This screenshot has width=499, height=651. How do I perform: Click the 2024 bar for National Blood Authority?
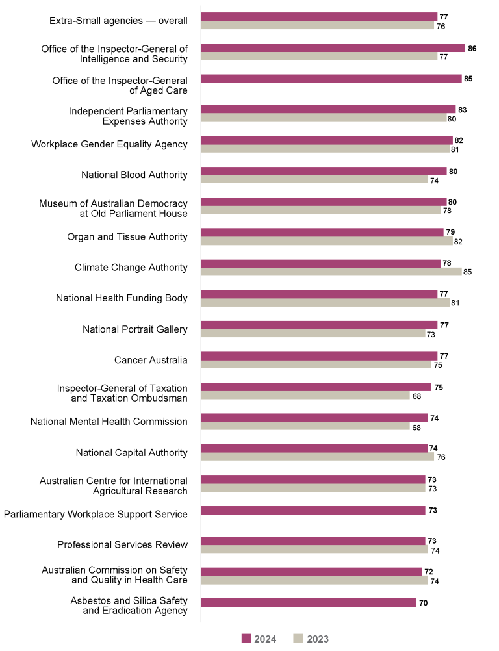[324, 172]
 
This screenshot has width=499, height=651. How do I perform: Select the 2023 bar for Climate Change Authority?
[331, 272]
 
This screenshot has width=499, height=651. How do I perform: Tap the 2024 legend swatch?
[246, 639]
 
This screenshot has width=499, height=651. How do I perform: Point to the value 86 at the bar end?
[472, 48]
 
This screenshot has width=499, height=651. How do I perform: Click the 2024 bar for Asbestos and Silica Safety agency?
[308, 603]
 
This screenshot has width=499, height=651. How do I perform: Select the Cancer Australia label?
[151, 360]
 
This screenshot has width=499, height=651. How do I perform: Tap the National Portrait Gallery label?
[135, 329]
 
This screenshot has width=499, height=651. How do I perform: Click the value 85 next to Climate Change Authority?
[467, 272]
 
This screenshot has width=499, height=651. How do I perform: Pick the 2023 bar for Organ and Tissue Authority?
[326, 241]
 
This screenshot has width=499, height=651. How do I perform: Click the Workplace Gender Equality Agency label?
[109, 144]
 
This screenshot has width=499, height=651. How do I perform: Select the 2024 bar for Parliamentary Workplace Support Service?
[313, 511]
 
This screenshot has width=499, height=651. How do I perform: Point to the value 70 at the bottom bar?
[423, 603]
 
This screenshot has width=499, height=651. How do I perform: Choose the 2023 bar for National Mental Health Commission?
[305, 426]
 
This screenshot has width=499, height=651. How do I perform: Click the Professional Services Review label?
[122, 544]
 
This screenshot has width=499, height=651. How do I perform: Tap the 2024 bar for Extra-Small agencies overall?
[319, 17]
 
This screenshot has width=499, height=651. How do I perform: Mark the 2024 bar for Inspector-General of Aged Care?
[331, 79]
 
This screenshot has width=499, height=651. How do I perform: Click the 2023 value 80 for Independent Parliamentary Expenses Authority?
[452, 118]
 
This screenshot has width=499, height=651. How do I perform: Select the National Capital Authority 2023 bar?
[317, 457]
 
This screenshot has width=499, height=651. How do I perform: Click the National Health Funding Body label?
[122, 298]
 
